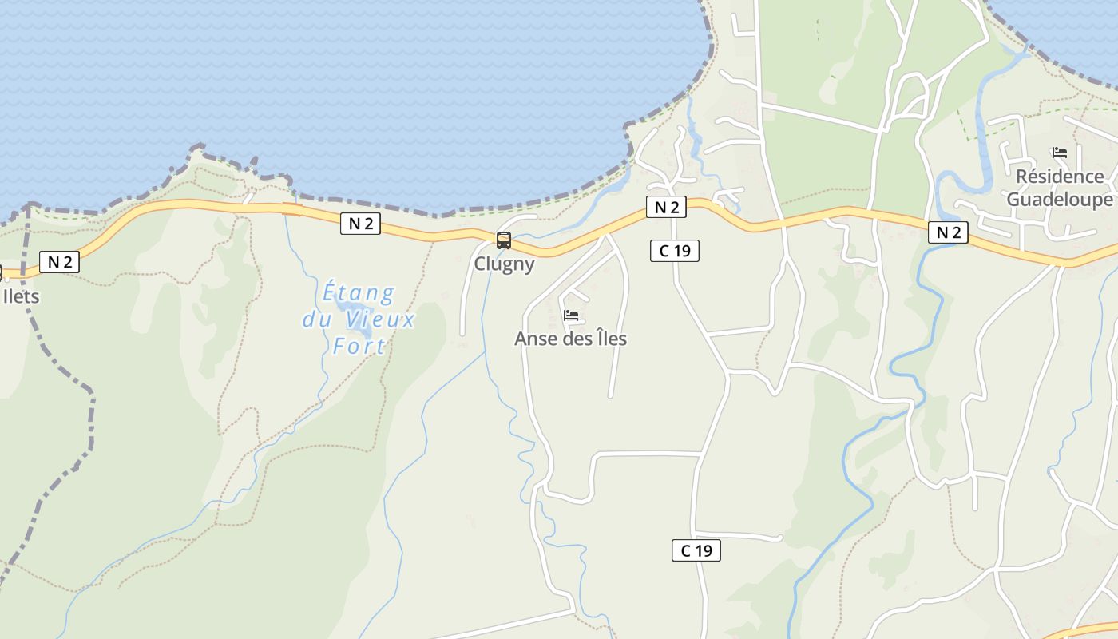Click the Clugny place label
(504, 264)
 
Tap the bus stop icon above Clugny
(504, 240)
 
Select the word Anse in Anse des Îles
(534, 339)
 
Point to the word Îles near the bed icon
(608, 339)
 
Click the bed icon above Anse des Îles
(571, 316)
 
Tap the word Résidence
(1060, 177)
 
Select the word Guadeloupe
(1060, 199)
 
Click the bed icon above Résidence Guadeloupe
(1060, 153)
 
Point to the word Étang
(359, 293)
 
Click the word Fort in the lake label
(359, 347)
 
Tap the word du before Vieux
(317, 320)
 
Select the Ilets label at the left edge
(21, 296)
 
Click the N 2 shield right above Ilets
(60, 261)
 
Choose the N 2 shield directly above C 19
(666, 208)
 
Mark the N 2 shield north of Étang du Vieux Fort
(360, 224)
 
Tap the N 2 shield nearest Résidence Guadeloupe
(948, 232)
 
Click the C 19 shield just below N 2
(675, 251)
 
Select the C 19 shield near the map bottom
(696, 550)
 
